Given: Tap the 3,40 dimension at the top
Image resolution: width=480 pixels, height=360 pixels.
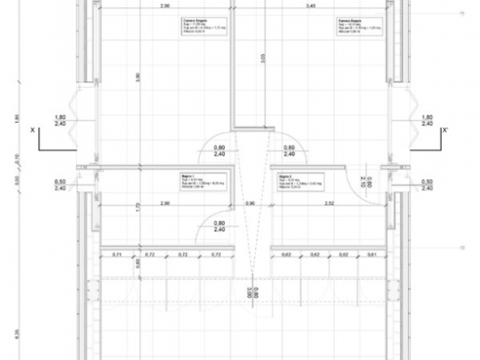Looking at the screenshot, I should click(310, 5).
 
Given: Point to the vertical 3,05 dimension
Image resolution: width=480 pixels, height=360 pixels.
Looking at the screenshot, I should click(263, 59).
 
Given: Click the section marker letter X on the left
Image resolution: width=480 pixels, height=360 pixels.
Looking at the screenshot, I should click(32, 129).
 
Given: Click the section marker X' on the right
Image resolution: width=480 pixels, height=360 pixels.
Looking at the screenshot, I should click(445, 129).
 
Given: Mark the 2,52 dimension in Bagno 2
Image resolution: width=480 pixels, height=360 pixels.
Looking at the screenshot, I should click(329, 204).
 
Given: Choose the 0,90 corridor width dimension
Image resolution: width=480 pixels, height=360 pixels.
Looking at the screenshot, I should click(250, 204).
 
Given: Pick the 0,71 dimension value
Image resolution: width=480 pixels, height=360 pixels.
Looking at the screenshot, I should click(117, 255).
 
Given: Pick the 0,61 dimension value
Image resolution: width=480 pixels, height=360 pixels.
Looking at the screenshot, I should click(371, 255).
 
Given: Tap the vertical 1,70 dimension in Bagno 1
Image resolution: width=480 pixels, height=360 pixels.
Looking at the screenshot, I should click(138, 206).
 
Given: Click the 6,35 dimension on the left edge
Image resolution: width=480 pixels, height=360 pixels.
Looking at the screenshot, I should click(16, 334).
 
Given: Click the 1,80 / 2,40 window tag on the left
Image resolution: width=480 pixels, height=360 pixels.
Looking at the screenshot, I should click(60, 121).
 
